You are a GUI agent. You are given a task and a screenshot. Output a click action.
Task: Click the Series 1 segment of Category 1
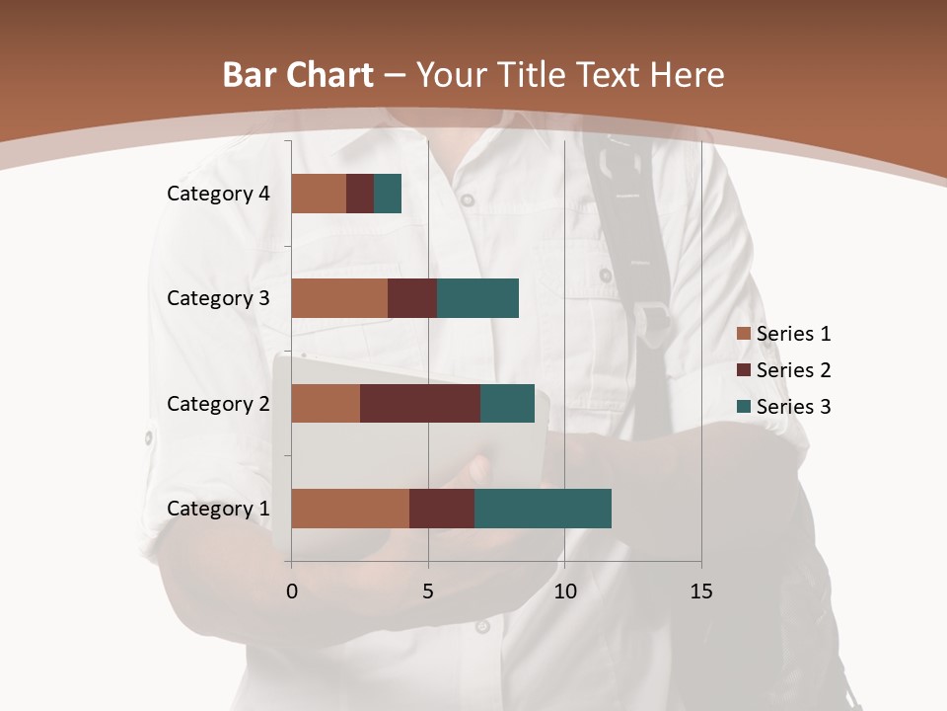(x=350, y=509)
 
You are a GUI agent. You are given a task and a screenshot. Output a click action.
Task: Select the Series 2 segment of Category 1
(x=442, y=509)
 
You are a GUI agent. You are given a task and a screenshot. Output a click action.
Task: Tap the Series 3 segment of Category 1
(x=543, y=509)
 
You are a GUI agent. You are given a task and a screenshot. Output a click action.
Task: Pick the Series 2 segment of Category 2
(x=420, y=404)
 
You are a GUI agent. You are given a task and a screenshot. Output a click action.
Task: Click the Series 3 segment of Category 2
(x=507, y=404)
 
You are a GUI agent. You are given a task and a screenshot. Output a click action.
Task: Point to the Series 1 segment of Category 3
(x=339, y=298)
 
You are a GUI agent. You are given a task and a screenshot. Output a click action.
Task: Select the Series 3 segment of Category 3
(x=477, y=298)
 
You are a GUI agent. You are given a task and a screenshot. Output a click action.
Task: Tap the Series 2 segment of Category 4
(x=360, y=194)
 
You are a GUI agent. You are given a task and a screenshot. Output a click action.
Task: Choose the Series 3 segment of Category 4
(x=388, y=194)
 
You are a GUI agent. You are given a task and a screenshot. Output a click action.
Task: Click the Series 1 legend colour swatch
(x=743, y=334)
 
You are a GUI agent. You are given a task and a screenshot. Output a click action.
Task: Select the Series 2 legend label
(x=793, y=370)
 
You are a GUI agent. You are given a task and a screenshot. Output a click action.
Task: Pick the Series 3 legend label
(x=793, y=407)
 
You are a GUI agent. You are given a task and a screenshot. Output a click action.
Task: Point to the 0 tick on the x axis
(x=292, y=592)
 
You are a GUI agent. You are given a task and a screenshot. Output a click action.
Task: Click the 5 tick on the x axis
(x=428, y=592)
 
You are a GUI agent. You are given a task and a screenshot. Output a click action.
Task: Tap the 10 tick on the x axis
(x=564, y=592)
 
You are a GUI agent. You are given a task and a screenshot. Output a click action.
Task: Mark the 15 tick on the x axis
(x=700, y=592)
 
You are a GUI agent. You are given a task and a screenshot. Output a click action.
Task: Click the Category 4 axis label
(x=218, y=194)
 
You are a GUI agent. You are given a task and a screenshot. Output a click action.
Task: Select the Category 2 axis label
(x=218, y=404)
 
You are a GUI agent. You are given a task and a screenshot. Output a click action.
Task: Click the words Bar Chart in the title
(x=297, y=75)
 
